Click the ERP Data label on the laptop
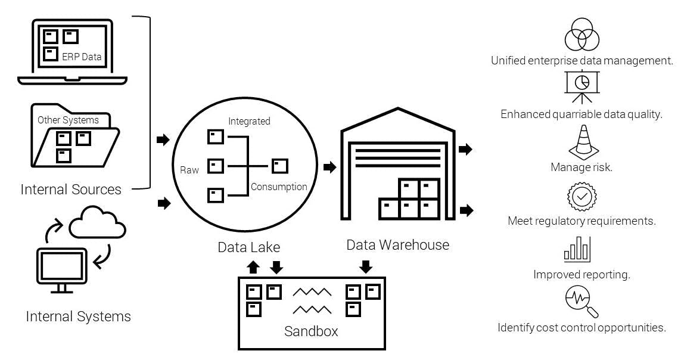click(82, 57)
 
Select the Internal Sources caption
click(71, 190)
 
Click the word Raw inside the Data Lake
click(189, 170)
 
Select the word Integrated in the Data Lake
click(249, 121)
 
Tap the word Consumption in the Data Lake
click(279, 187)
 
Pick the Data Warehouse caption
click(397, 244)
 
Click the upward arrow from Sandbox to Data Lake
click(253, 267)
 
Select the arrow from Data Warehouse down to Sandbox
click(366, 266)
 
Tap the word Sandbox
click(311, 331)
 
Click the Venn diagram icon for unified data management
click(582, 34)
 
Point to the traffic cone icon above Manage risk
click(582, 142)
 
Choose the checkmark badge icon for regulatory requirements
click(581, 196)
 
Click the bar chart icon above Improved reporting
click(577, 249)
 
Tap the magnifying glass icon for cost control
click(581, 300)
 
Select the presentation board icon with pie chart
click(582, 87)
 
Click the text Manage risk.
click(581, 167)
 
